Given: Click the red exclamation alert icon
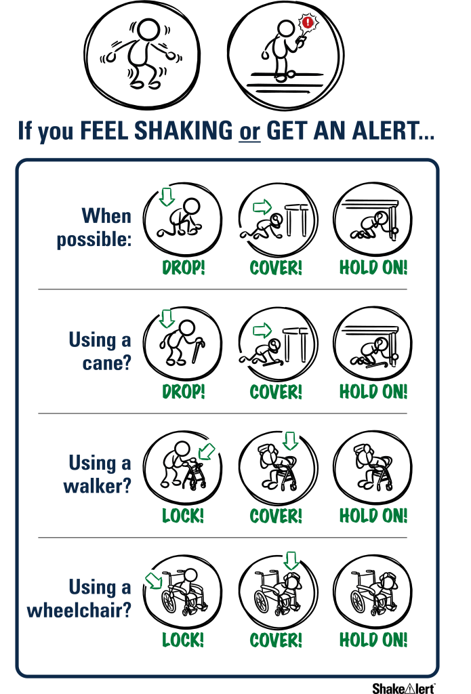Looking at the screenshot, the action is click(308, 22).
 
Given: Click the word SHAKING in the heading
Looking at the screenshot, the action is click(183, 130).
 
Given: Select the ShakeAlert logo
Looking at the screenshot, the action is click(403, 687).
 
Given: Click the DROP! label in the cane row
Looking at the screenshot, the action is click(183, 392).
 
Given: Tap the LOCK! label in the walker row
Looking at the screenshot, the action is click(183, 516).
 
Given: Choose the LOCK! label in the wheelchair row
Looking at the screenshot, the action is click(183, 640).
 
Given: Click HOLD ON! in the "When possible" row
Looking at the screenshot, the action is click(373, 267).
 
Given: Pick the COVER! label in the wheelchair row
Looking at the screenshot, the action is click(275, 640).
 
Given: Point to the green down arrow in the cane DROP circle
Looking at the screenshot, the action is click(167, 319).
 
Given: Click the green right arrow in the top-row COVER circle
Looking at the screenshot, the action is click(262, 206).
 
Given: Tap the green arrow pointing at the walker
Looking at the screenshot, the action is click(206, 451).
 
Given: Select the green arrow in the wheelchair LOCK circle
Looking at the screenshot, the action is click(154, 581).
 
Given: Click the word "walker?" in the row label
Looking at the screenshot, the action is click(98, 485).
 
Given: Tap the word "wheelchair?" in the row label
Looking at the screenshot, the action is click(79, 610).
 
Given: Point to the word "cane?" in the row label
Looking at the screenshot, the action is click(107, 363).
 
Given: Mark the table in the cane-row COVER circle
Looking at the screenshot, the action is click(295, 345).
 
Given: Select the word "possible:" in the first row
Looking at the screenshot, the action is click(94, 239).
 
